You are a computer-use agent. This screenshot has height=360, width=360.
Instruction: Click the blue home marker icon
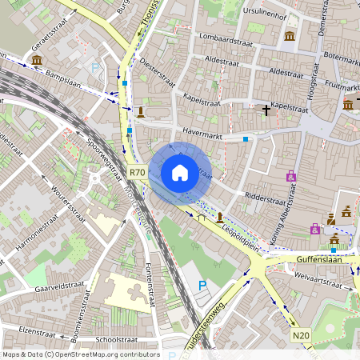coord(180,173)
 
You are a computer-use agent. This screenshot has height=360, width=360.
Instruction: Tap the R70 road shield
coord(137,172)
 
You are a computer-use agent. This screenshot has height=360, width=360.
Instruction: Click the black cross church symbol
coord(266,110)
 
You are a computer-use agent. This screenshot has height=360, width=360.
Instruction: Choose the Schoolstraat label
coord(117,339)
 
